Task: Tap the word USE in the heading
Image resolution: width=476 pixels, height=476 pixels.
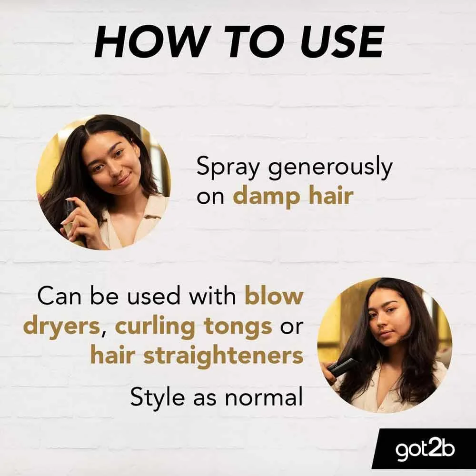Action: click(341, 42)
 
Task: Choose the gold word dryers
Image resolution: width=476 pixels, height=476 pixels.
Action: click(61, 327)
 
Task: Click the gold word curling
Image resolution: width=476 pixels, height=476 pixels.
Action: click(155, 327)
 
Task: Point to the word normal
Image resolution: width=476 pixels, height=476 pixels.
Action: click(264, 396)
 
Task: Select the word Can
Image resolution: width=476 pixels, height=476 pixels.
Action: click(59, 296)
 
